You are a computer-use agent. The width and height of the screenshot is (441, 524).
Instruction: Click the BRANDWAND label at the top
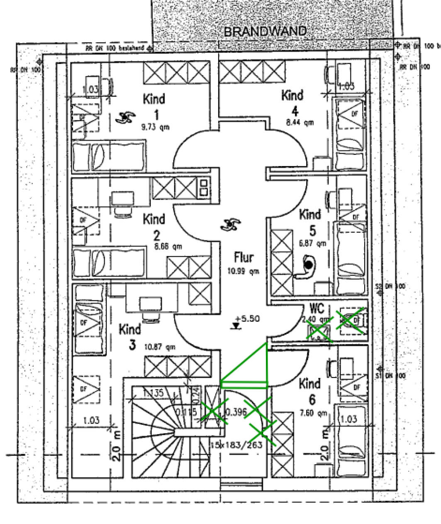[266, 32]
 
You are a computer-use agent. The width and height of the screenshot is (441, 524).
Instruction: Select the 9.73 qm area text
[155, 127]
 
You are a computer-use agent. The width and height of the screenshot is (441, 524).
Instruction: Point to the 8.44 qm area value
[300, 122]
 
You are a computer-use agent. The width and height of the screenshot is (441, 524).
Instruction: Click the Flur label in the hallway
[244, 257]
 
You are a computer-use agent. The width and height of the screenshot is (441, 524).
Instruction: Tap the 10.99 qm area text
[243, 271]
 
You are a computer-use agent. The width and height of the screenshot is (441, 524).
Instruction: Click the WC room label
[317, 309]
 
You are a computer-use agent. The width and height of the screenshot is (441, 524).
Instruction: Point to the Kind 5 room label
[310, 222]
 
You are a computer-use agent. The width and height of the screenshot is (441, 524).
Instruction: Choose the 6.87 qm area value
[312, 243]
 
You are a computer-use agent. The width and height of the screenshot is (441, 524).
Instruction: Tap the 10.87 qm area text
[159, 346]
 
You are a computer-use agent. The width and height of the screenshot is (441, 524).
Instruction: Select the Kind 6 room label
[310, 391]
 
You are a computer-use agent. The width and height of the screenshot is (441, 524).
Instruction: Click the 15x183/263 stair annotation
[236, 445]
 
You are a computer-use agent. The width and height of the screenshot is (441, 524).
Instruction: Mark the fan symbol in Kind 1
[124, 118]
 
